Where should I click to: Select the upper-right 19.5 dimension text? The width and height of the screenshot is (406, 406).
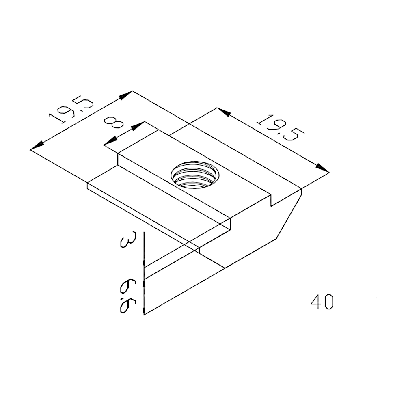click(x=280, y=127)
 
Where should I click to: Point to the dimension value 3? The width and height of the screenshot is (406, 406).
click(x=126, y=240)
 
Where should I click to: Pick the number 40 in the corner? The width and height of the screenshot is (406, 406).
click(x=322, y=302)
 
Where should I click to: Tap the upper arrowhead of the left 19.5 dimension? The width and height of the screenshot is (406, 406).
click(x=126, y=95)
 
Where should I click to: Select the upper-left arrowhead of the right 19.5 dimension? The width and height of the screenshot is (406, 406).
click(x=224, y=112)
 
